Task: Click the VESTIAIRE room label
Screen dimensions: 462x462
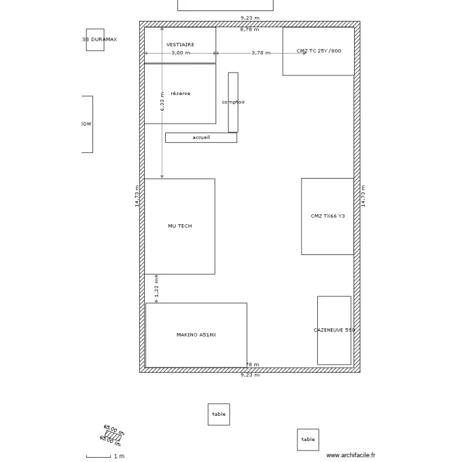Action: [x=180, y=44]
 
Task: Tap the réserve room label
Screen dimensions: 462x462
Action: [x=180, y=94]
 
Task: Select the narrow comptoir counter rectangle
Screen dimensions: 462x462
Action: [x=233, y=102]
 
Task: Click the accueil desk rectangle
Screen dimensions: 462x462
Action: [x=201, y=138]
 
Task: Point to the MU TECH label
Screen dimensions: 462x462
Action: [x=180, y=226]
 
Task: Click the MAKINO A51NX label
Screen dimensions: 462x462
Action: [x=196, y=335]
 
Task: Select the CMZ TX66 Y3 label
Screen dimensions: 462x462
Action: [x=328, y=216]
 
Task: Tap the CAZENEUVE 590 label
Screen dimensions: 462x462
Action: [x=334, y=330]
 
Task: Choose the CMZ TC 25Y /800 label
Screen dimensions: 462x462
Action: [x=318, y=51]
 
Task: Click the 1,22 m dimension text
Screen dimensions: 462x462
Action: [x=156, y=288]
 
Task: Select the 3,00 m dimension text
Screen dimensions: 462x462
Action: [x=180, y=53]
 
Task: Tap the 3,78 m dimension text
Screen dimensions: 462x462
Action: [x=261, y=53]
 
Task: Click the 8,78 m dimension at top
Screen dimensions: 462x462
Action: [x=249, y=29]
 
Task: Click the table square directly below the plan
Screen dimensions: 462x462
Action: [x=219, y=415]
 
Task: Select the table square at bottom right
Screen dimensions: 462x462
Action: [x=308, y=440]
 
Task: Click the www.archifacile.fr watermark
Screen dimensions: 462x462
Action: [x=351, y=455]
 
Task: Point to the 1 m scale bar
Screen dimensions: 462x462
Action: [x=99, y=456]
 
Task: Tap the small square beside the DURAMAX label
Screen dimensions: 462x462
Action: [x=95, y=39]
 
